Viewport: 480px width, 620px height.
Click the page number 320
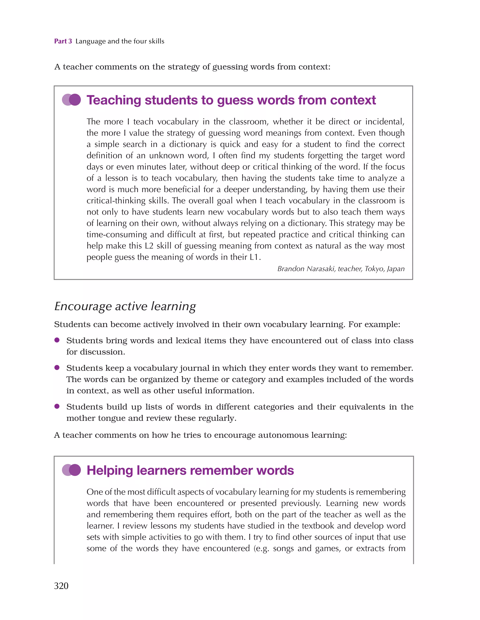(61, 586)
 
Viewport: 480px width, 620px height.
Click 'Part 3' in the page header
(63, 41)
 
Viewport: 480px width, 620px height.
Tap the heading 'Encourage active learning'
(125, 306)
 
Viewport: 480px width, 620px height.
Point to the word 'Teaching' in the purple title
(114, 100)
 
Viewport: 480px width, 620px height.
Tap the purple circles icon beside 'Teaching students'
(71, 100)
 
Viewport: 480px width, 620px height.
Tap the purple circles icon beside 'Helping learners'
(71, 470)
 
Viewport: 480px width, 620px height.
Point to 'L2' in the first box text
(149, 246)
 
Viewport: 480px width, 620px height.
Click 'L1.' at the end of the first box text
(255, 257)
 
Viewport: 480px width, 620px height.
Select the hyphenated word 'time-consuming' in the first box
(117, 235)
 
